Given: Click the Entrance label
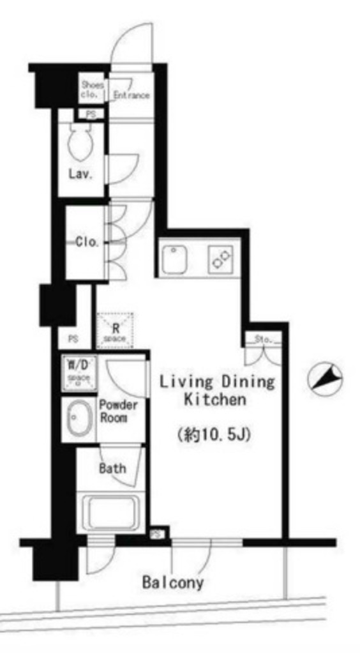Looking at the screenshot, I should [131, 95].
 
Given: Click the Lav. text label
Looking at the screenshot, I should [82, 174].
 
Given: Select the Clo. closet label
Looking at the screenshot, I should [87, 242].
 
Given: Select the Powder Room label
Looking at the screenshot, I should [118, 412].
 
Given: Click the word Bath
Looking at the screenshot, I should [112, 468].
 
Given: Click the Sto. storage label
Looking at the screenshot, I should [264, 338].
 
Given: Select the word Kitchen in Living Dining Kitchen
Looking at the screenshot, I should [214, 400].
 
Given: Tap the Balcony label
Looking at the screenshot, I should [173, 582].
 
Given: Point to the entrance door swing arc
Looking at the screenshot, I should [131, 38].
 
